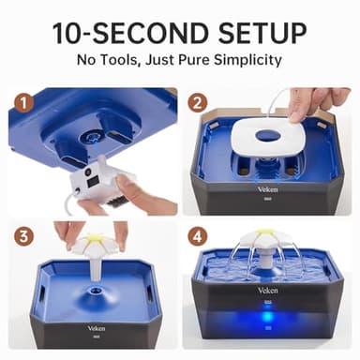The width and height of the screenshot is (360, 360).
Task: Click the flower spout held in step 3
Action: point(95,247)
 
